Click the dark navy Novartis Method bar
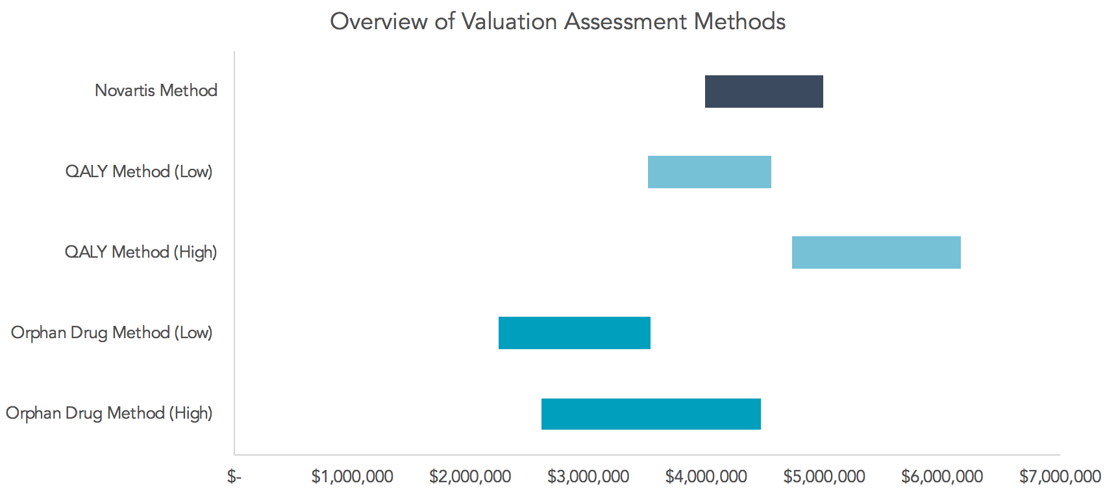point(764,92)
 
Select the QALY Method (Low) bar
point(709,172)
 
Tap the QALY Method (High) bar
point(876,252)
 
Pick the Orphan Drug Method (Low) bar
point(574,333)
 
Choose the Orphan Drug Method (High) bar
point(651,414)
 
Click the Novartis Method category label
point(156,90)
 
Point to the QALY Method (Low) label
point(139,171)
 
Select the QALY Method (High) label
point(141,252)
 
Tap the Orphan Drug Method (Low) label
point(112,333)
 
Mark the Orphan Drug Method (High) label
point(109,413)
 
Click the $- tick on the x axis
point(234,477)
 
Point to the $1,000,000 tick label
point(352,477)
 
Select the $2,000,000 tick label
point(470,477)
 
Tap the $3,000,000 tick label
point(588,477)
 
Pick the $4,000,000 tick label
point(706,477)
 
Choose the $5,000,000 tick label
point(824,477)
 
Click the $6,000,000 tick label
point(941,477)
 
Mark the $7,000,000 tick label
point(1060,477)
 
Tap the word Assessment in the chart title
point(625,21)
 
